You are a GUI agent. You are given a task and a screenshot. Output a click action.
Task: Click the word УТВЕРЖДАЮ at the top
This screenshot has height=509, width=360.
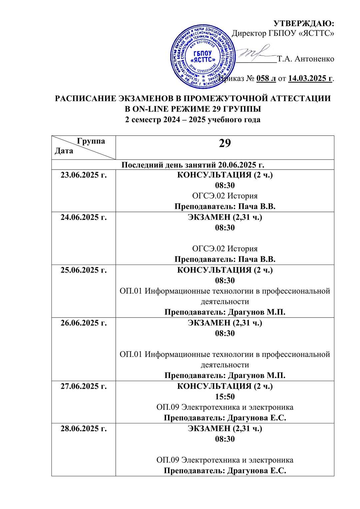click(x=304, y=23)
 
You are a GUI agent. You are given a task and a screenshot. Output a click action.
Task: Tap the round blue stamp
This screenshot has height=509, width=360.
click(x=203, y=57)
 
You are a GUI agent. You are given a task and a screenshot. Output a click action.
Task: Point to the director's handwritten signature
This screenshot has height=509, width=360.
click(x=255, y=54)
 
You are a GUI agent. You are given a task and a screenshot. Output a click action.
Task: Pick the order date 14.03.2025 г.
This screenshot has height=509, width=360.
click(x=310, y=78)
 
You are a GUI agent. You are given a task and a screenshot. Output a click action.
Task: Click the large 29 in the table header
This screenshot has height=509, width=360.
click(x=225, y=143)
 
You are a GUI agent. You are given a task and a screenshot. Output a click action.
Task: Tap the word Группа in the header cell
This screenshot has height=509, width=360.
click(x=91, y=141)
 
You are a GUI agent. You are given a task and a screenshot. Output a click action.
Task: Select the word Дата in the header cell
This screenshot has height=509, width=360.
click(x=64, y=151)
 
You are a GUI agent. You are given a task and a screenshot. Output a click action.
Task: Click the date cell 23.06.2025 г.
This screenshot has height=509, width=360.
click(x=84, y=175)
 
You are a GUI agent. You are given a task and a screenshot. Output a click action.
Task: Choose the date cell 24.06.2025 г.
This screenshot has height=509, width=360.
click(x=84, y=217)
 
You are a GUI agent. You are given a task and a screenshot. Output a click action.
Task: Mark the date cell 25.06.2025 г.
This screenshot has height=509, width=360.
click(x=84, y=270)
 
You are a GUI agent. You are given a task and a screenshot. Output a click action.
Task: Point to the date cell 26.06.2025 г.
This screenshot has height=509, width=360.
click(x=84, y=323)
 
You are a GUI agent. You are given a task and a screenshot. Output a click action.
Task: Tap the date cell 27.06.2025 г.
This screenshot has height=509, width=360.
click(x=84, y=386)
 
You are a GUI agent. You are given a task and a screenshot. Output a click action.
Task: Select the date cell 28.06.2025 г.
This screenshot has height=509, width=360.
click(x=84, y=428)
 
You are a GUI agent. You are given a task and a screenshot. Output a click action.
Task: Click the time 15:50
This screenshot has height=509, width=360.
click(x=225, y=397)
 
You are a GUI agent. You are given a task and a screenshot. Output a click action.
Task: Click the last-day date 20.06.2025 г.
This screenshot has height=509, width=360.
click(x=241, y=165)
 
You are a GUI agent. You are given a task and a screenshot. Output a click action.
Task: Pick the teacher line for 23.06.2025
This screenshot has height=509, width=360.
click(x=225, y=207)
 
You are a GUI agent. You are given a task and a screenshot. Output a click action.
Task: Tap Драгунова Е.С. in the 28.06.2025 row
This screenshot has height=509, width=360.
click(x=257, y=471)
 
